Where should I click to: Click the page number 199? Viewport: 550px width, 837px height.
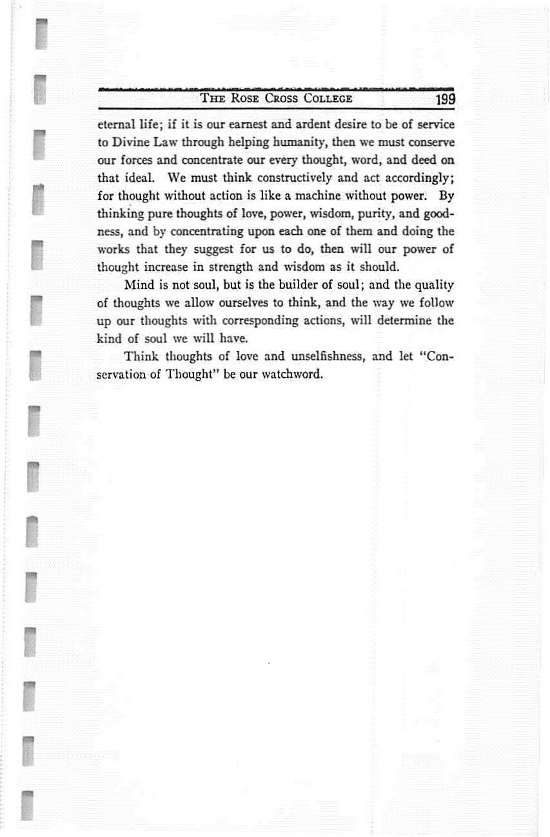[445, 99]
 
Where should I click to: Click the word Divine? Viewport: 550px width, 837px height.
[129, 141]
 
